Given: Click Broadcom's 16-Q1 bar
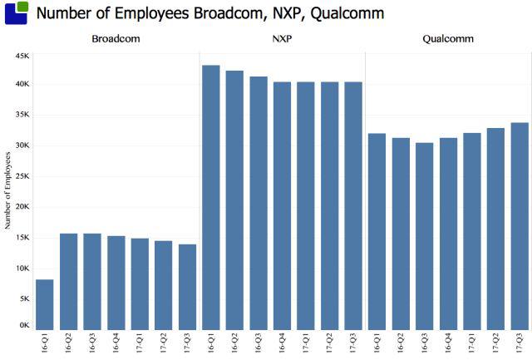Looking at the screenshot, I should click(45, 304).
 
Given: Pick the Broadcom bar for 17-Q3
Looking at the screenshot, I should click(188, 287).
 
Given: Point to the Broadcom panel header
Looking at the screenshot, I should click(116, 39).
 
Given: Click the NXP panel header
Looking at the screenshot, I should click(282, 39).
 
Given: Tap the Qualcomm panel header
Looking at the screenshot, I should click(447, 39).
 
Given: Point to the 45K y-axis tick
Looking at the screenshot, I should click(21, 55).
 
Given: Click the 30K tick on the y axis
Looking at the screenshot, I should click(21, 145).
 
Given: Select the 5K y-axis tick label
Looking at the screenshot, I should click(23, 298).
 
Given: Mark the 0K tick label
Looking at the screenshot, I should click(23, 326).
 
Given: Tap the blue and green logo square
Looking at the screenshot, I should click(16, 12).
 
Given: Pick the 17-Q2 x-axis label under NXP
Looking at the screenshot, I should click(330, 343).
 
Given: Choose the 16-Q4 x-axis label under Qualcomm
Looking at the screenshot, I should click(449, 343).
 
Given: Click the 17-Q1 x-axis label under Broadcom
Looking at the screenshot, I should click(140, 343).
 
